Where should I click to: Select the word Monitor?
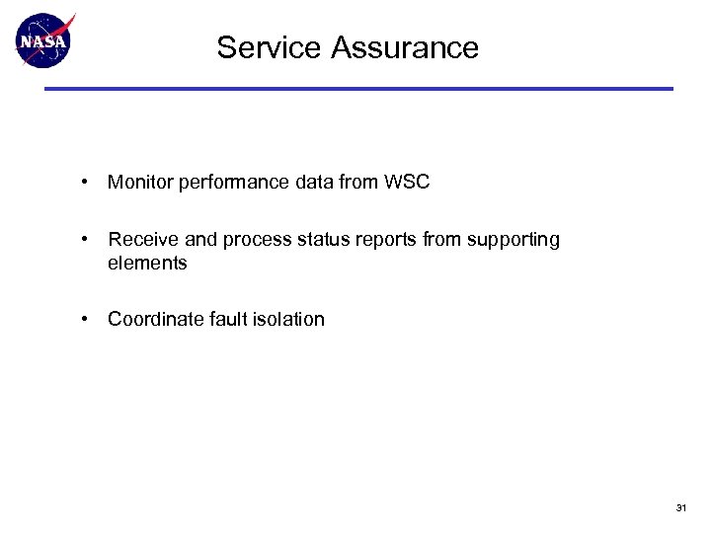coord(139,183)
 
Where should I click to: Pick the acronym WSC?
coord(409,183)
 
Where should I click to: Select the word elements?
coord(147,264)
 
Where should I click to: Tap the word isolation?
coord(287,319)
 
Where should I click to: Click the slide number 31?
coord(680,508)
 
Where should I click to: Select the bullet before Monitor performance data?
coord(88,183)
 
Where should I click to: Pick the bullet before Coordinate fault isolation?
coord(88,319)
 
